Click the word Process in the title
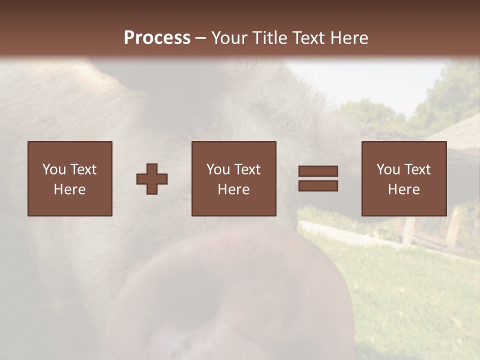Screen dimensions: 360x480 pyautogui.click(x=157, y=38)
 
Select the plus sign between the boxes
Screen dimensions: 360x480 pyautogui.click(x=152, y=179)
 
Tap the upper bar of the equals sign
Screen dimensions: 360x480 pyautogui.click(x=318, y=171)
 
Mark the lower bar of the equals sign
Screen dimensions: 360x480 pyautogui.click(x=318, y=185)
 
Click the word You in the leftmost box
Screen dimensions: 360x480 pyautogui.click(x=54, y=169)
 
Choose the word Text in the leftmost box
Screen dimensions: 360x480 pyautogui.click(x=83, y=169)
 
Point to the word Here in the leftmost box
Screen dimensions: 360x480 pyautogui.click(x=69, y=189)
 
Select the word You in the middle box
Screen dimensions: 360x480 pyautogui.click(x=218, y=169)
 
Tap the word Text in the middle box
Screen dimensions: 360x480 pyautogui.click(x=247, y=169)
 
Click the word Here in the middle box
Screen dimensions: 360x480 pyautogui.click(x=233, y=189)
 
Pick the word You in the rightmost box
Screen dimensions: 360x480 pyautogui.click(x=388, y=169)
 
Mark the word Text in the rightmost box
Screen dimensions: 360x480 pyautogui.click(x=417, y=169)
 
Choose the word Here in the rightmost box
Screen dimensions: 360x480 pyautogui.click(x=403, y=189)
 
